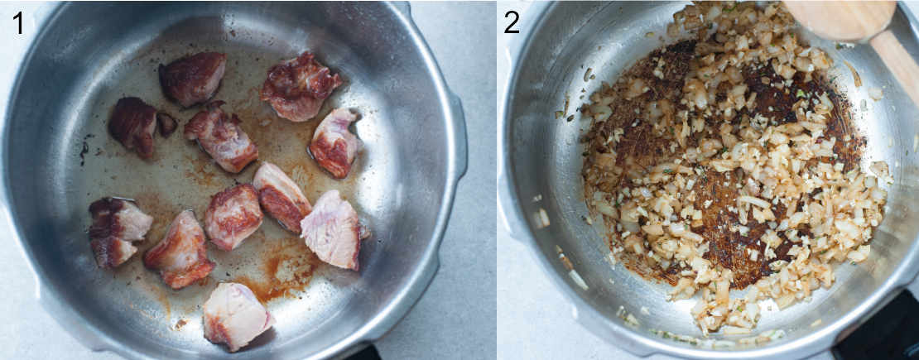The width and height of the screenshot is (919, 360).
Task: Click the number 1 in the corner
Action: click(x=18, y=22)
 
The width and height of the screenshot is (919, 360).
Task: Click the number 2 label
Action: click(x=512, y=22)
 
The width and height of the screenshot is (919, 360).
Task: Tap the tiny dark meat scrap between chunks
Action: click(x=166, y=124)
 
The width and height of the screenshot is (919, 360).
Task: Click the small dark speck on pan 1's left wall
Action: click(x=84, y=151)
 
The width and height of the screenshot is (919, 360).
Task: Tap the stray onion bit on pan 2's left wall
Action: click(x=541, y=218)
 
